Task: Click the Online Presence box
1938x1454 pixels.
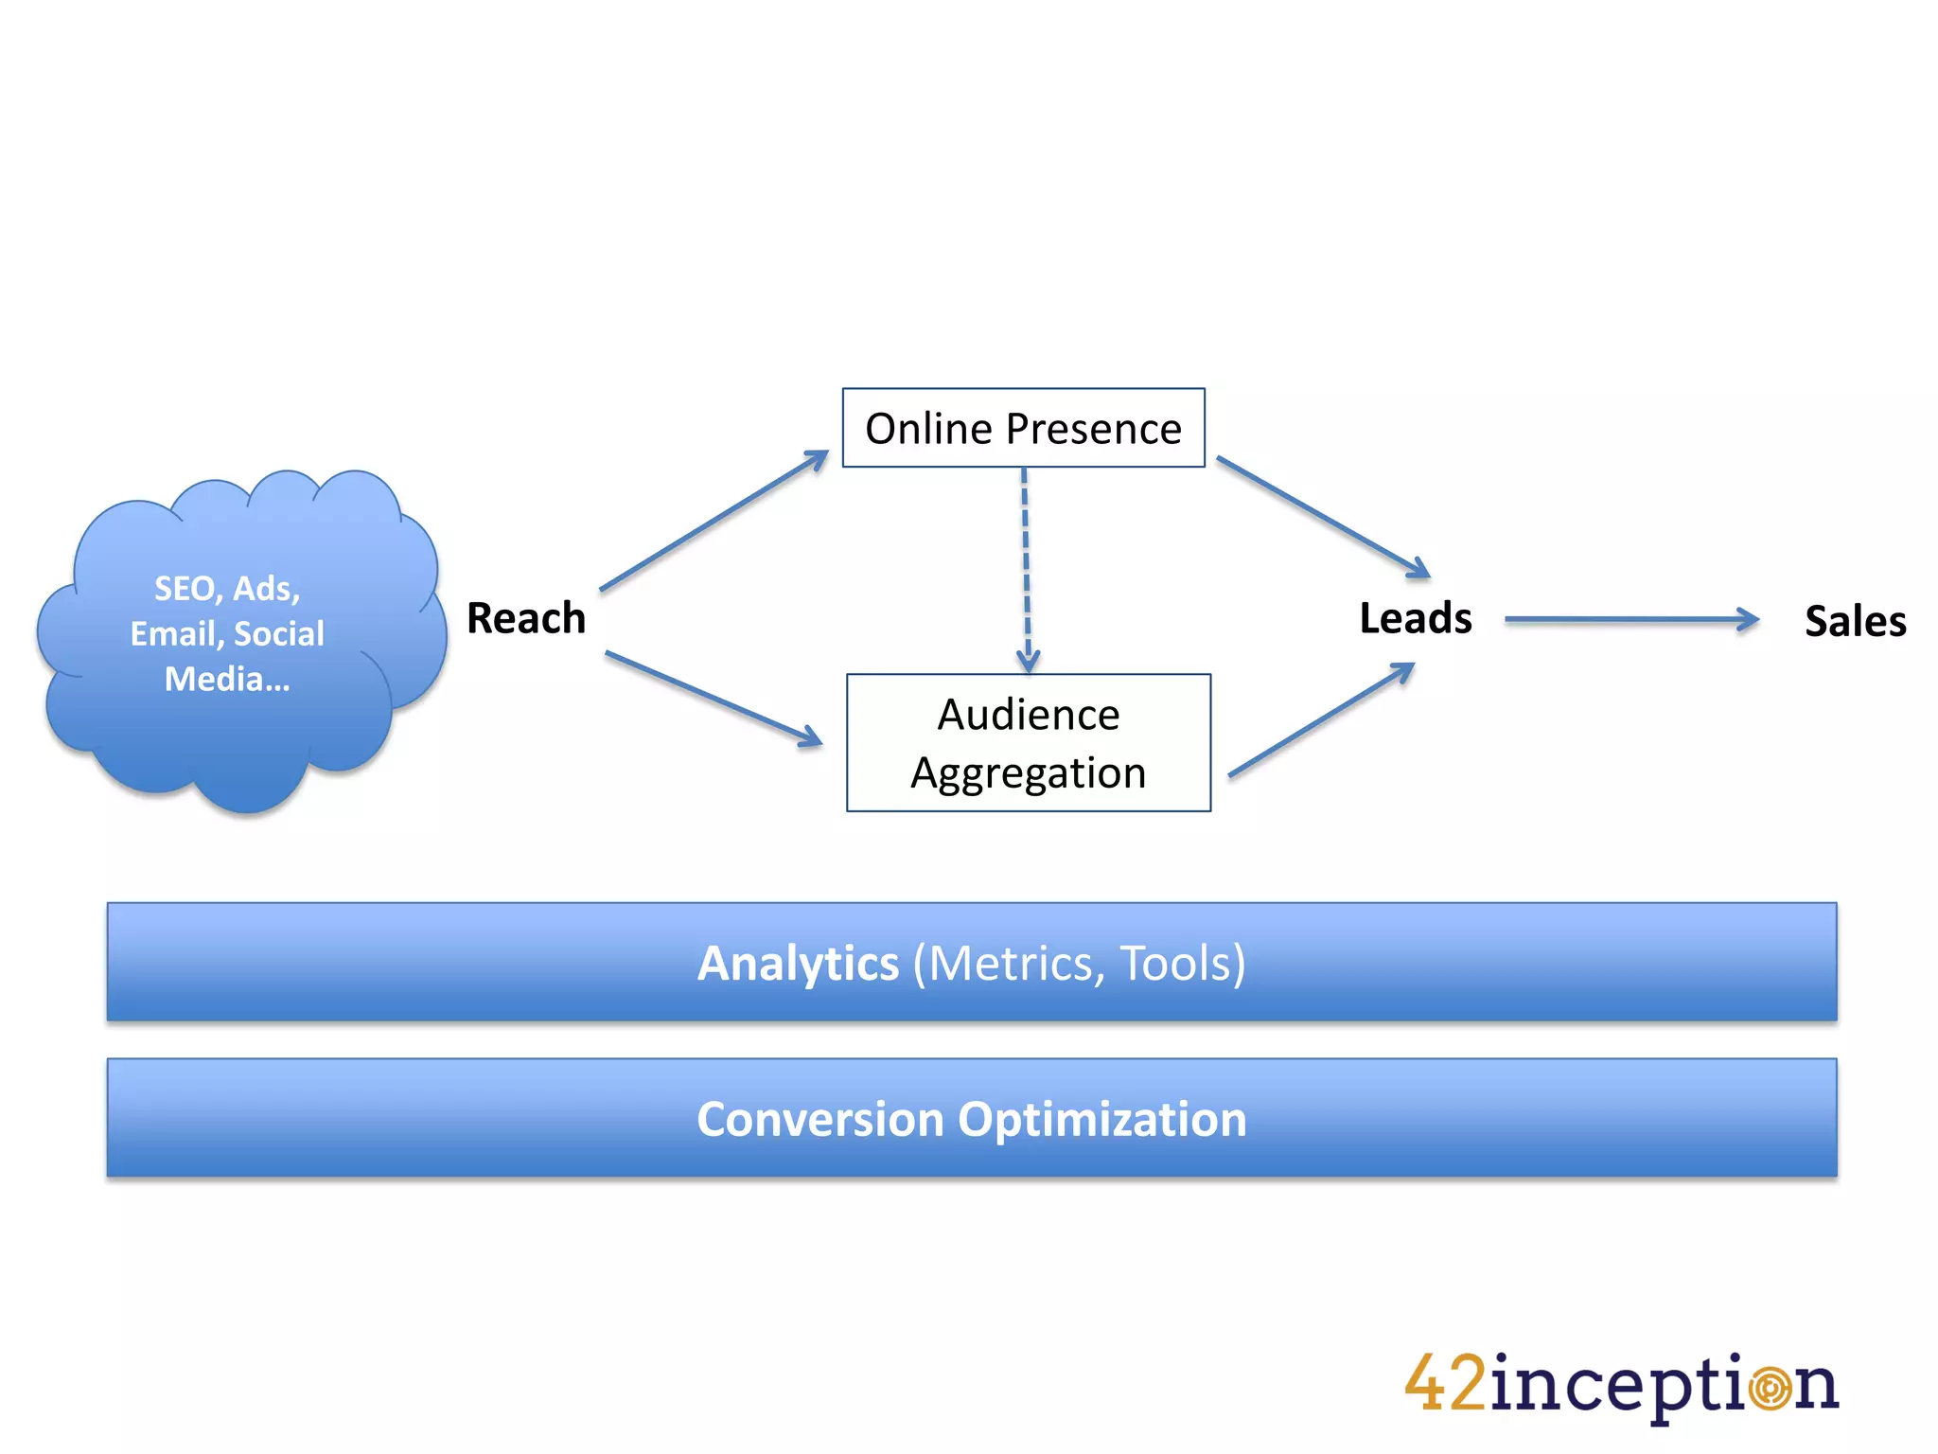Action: (1023, 428)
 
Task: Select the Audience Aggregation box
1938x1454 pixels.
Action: (1028, 743)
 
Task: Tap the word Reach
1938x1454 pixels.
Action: (526, 618)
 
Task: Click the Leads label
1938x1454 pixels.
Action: (1416, 618)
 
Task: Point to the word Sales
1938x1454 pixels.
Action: (1855, 622)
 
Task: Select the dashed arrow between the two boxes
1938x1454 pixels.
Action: (1026, 568)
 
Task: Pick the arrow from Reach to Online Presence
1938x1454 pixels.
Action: (714, 521)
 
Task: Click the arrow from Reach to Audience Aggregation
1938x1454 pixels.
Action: (714, 698)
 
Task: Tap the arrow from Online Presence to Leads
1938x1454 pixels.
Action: (1323, 517)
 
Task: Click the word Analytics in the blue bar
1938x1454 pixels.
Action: (798, 964)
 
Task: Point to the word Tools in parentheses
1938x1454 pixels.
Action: (1176, 964)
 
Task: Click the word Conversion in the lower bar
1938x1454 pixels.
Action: (819, 1120)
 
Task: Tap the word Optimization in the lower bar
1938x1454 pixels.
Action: (1102, 1120)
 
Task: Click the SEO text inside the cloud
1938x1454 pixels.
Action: (184, 589)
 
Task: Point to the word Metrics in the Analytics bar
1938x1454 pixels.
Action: (1011, 964)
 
